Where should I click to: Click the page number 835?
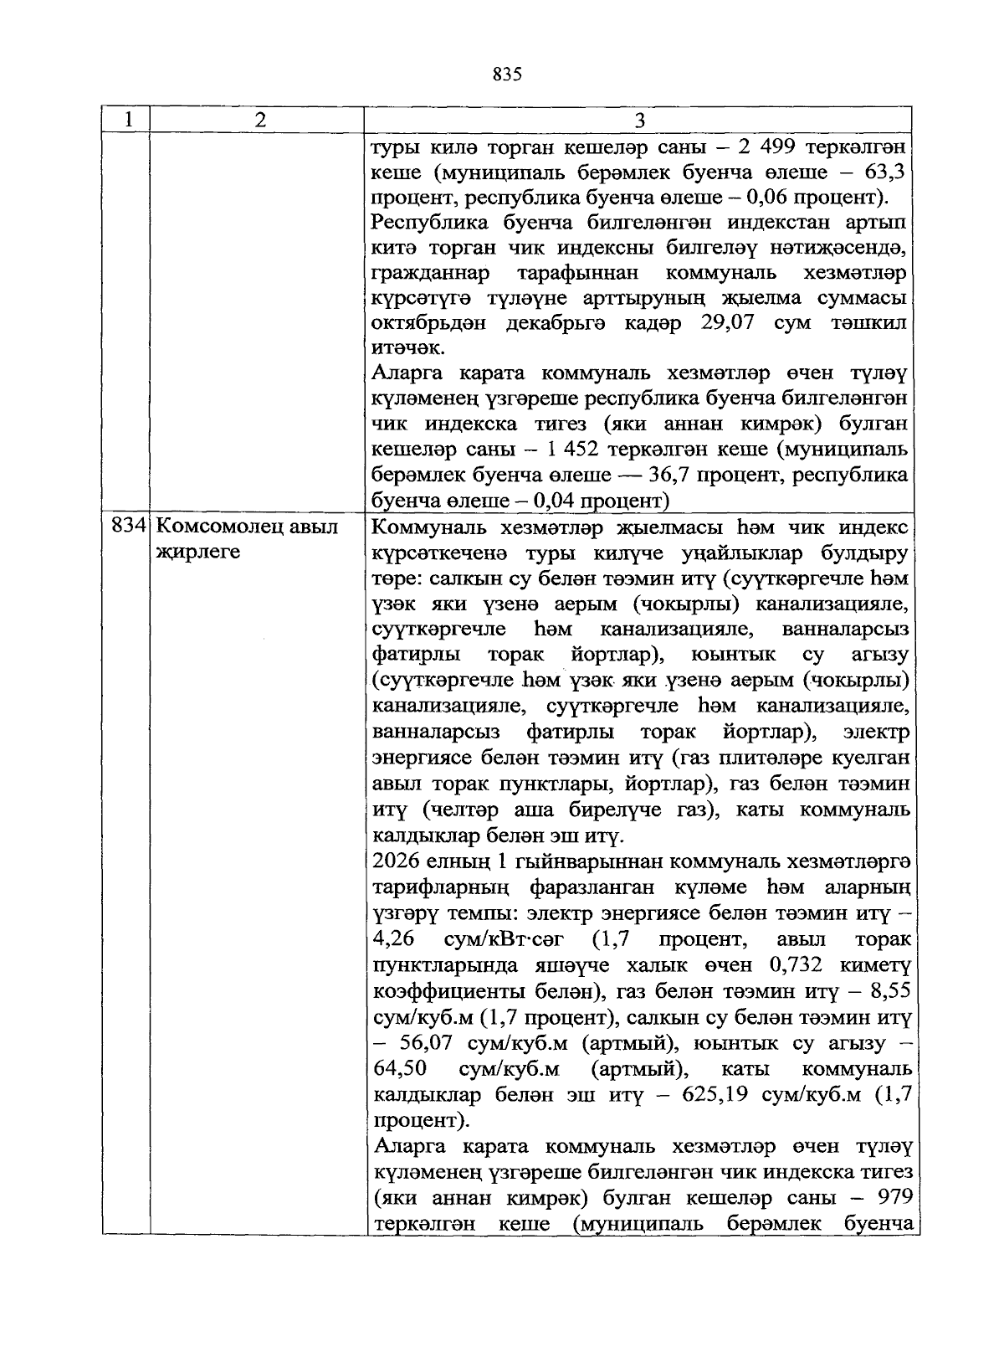[507, 75]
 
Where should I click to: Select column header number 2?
[259, 120]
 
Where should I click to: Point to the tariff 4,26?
[394, 939]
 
